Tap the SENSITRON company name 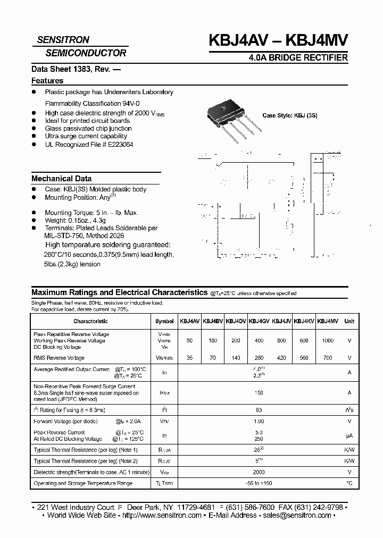[63, 40]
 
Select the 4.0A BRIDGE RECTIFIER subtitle [298, 57]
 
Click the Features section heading [47, 81]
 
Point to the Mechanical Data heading [61, 179]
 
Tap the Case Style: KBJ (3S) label [290, 115]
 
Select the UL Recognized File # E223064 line [89, 145]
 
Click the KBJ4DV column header [236, 321]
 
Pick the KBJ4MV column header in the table [328, 321]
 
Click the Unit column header [349, 321]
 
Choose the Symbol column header [164, 321]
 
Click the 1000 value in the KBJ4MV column [328, 340]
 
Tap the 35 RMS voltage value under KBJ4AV [190, 358]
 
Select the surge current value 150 [259, 393]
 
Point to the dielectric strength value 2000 [259, 472]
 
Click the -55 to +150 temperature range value [259, 483]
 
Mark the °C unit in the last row [349, 483]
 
